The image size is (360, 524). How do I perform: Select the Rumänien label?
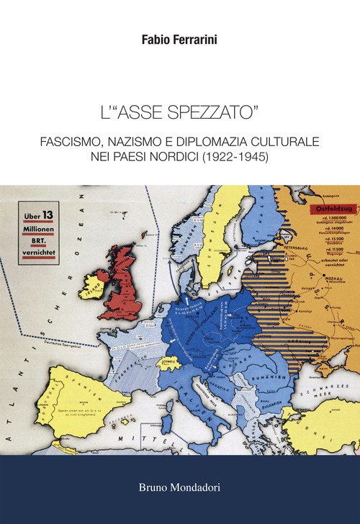pos(274,373)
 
